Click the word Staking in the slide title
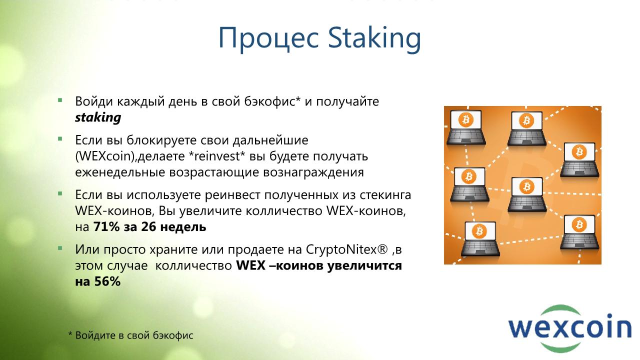point(374,38)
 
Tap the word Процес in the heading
point(268,38)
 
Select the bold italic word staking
point(98,117)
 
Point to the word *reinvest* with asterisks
point(217,156)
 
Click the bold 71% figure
point(106,227)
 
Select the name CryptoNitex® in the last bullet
point(347,250)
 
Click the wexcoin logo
point(569,329)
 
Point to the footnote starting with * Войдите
point(131,335)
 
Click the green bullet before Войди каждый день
point(60,100)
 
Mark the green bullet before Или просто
point(60,248)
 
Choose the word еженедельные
point(120,172)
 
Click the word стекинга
point(385,195)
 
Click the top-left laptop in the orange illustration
point(465,127)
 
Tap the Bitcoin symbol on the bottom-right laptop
point(579,224)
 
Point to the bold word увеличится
point(364,266)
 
